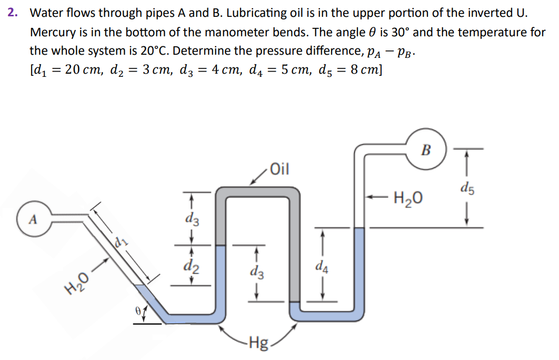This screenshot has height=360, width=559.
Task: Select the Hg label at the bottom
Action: [x=258, y=345]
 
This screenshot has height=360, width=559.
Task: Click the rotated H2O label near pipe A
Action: [x=77, y=284]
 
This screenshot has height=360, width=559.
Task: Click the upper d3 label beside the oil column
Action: [x=192, y=218]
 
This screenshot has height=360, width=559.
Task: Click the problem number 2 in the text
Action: [x=11, y=13]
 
